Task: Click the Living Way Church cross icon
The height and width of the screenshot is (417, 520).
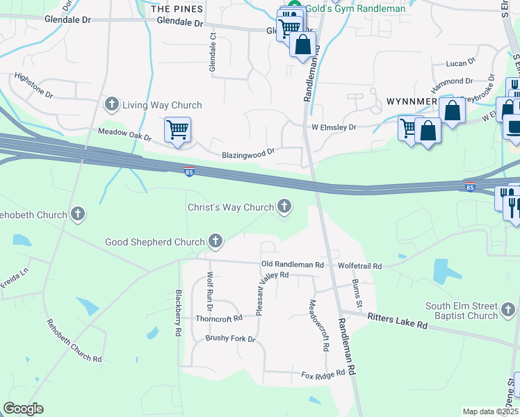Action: (x=111, y=105)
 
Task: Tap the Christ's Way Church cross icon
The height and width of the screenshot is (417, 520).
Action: (x=284, y=206)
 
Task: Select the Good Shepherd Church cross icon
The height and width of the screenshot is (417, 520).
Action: (x=216, y=242)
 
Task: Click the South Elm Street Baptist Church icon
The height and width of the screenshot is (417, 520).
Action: (x=508, y=308)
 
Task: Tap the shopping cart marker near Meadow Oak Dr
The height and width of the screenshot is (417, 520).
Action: (x=177, y=129)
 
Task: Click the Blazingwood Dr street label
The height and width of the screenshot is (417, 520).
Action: (x=248, y=154)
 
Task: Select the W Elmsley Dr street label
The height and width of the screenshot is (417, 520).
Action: (x=333, y=127)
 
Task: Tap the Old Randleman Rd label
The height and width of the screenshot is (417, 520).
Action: (x=293, y=265)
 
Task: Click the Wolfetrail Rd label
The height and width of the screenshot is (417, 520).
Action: (x=359, y=266)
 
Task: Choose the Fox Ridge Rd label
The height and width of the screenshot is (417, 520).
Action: (x=323, y=374)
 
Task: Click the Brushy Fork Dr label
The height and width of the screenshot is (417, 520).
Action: (x=230, y=338)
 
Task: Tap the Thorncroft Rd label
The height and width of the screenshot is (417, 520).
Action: (x=218, y=318)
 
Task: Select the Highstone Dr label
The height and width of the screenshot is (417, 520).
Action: (x=33, y=85)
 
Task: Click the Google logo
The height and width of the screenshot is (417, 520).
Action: (x=23, y=409)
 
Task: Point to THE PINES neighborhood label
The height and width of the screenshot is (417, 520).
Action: (x=177, y=9)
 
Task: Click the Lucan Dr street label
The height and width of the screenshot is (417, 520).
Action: (x=460, y=63)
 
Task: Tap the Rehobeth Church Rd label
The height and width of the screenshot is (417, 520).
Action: (x=74, y=341)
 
